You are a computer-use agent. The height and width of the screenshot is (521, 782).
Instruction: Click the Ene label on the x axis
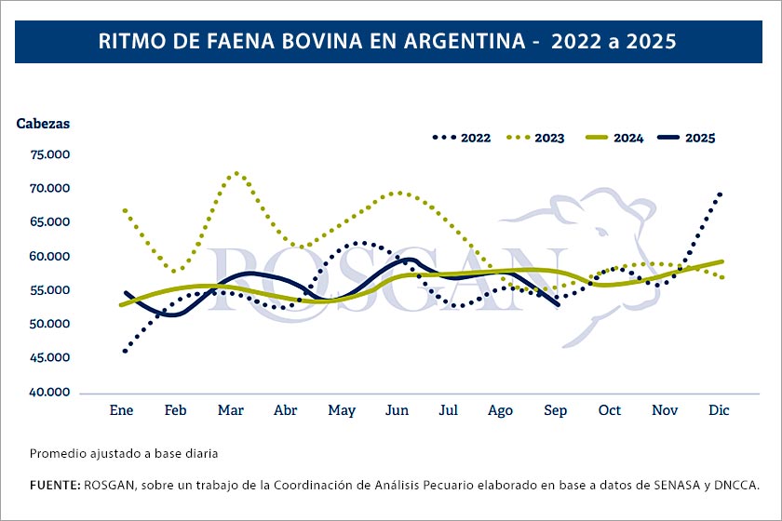[x=122, y=410]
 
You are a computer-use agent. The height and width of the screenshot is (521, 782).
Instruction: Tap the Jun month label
[x=398, y=410]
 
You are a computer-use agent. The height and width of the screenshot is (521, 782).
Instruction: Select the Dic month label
[x=719, y=410]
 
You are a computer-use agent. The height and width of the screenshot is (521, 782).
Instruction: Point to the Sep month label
[x=555, y=410]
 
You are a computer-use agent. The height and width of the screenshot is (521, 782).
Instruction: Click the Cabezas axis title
[x=43, y=123]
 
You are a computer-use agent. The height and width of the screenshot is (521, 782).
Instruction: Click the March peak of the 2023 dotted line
[x=236, y=173]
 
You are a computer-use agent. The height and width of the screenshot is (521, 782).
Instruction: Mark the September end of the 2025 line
[x=558, y=304]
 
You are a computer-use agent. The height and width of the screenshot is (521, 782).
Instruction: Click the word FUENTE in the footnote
[x=54, y=485]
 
